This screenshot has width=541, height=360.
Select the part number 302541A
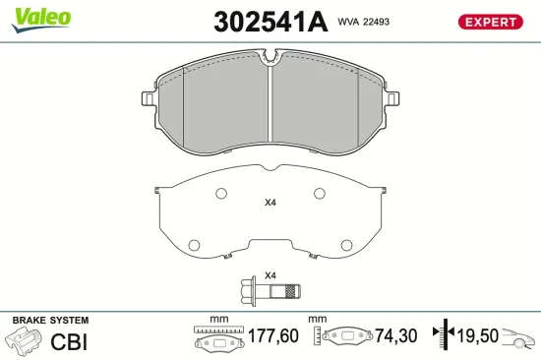(x=270, y=23)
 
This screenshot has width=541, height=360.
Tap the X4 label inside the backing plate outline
(x=270, y=204)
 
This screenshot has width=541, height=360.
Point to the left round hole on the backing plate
(x=194, y=244)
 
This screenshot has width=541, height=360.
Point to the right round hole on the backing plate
(x=346, y=244)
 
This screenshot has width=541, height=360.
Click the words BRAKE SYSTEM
(x=49, y=322)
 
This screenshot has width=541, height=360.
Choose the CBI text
(x=67, y=341)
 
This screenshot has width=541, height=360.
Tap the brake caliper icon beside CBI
(x=24, y=342)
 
